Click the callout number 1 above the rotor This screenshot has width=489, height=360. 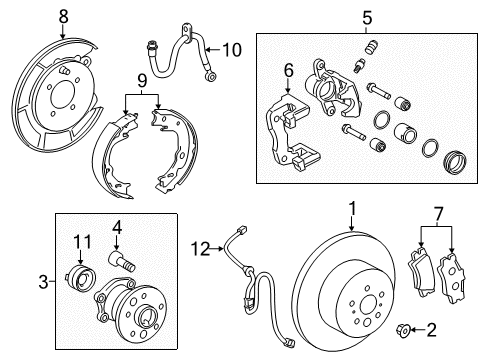(352, 209)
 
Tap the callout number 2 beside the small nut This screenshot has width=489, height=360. (432, 328)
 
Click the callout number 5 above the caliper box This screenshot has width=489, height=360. (366, 17)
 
